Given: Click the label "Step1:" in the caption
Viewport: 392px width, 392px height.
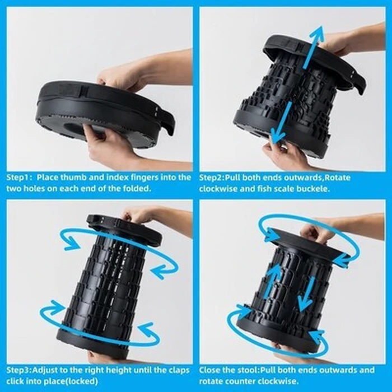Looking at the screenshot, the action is click(19, 178).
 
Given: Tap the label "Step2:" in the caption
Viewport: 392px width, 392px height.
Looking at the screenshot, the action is click(212, 178).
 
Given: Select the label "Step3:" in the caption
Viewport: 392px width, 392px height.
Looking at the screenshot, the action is click(19, 370).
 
